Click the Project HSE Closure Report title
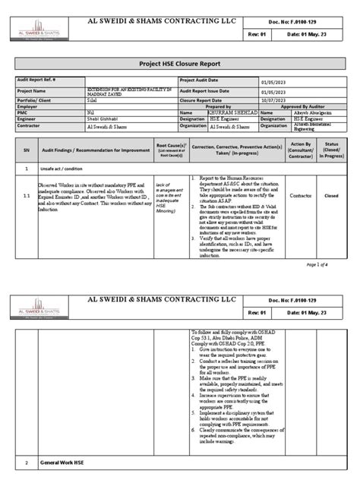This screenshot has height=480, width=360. (x=180, y=64)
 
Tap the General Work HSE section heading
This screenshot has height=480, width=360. (x=62, y=463)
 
